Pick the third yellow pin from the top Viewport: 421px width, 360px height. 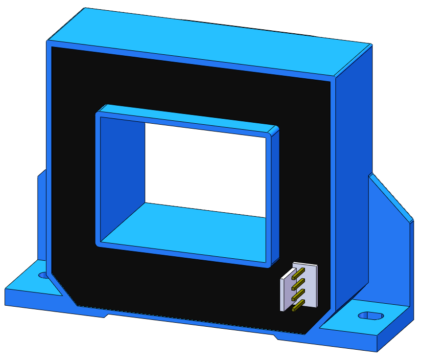pos(298,295)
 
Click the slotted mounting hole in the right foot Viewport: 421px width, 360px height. pos(371,315)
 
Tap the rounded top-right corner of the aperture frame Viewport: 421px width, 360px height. pos(274,131)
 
